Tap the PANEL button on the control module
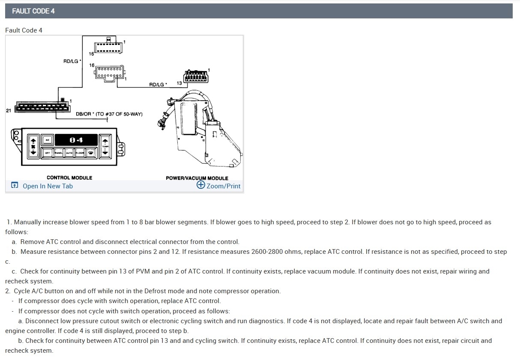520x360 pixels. click(58, 153)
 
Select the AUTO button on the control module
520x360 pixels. click(69, 153)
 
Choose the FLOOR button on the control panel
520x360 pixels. click(80, 153)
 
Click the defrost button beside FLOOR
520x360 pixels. click(91, 153)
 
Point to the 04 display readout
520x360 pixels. click(76, 140)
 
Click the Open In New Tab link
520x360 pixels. click(48, 186)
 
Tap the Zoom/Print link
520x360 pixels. click(223, 186)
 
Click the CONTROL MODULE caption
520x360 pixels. click(69, 178)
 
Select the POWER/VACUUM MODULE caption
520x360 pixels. click(197, 178)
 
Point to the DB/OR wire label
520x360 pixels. click(83, 114)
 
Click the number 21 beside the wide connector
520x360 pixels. click(9, 111)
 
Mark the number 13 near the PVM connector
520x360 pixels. click(179, 83)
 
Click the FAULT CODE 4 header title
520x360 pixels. click(33, 11)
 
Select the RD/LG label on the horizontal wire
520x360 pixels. click(158, 85)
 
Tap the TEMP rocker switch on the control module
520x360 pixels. click(105, 146)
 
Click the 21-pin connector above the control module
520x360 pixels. click(41, 107)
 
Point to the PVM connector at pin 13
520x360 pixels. click(196, 77)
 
